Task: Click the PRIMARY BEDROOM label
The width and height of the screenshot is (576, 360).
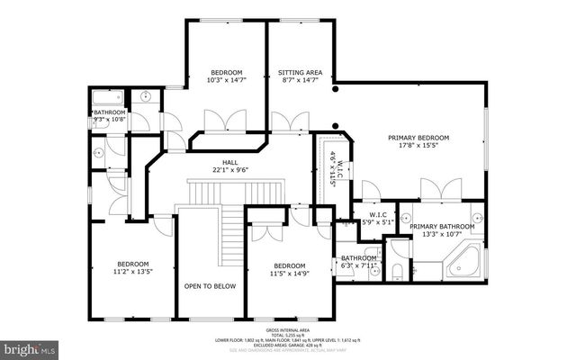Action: tap(418, 138)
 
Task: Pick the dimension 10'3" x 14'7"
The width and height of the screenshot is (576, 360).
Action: tap(226, 81)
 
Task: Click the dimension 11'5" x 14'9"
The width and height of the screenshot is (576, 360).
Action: tap(290, 274)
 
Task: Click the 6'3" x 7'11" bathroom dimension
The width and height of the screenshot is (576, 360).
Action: tap(357, 265)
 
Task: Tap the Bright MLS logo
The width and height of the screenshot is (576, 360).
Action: tap(31, 346)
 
